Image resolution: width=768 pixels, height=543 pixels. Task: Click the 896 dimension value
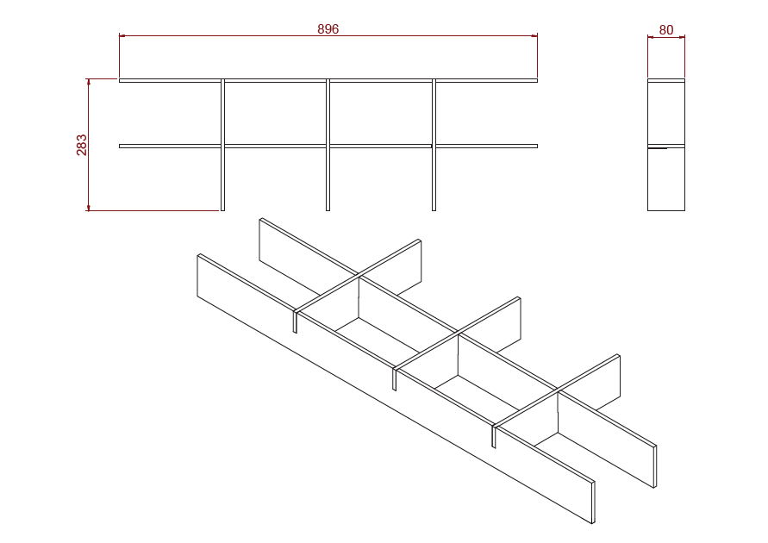[328, 29]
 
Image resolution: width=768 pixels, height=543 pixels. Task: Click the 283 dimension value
[81, 145]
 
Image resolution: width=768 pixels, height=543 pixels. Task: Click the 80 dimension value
[666, 30]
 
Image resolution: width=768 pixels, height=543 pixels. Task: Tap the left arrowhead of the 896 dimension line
[122, 35]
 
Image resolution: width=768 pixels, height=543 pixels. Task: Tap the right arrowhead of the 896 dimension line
[534, 35]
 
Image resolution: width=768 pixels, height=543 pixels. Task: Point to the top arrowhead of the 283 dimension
[89, 82]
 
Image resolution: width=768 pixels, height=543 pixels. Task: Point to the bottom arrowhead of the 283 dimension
[89, 208]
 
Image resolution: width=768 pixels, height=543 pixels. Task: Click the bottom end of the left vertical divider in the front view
[223, 210]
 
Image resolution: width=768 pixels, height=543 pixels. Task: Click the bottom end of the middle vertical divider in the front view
[328, 210]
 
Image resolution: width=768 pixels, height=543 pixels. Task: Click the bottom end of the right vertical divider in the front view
[434, 210]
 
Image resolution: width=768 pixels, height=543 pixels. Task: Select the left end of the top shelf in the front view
[120, 80]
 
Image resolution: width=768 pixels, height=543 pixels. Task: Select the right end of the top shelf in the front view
[537, 80]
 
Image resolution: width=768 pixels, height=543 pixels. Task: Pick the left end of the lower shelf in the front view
[120, 146]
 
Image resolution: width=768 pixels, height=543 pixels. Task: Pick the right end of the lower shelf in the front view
[537, 146]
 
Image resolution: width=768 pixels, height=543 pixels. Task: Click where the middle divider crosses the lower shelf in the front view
[328, 146]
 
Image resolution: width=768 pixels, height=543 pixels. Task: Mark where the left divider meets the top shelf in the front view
[223, 80]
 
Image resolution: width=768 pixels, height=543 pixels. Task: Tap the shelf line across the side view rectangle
[666, 146]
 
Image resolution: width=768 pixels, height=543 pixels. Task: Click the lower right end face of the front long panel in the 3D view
[593, 502]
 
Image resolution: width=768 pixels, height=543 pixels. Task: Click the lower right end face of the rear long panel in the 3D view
[655, 466]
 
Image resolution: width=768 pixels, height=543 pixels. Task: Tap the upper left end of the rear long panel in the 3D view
[261, 220]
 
